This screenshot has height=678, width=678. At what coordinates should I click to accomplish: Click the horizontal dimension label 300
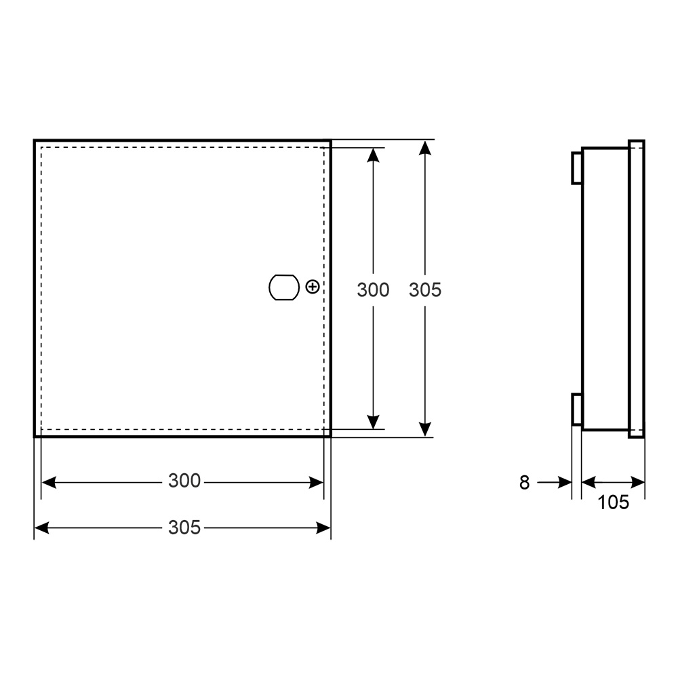point(184,481)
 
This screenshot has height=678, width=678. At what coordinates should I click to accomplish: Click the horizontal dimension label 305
point(184,527)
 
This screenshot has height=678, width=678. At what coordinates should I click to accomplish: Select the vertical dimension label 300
point(373,290)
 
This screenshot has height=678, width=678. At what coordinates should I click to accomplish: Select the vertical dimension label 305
point(425,290)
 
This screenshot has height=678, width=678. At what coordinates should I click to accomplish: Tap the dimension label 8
point(524,483)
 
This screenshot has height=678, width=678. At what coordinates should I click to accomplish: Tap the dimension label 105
point(613,502)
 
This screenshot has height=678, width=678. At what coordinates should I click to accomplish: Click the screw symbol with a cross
point(312,287)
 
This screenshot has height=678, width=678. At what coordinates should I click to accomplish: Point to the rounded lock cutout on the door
point(284,287)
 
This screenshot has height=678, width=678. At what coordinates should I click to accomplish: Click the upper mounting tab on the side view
point(577,167)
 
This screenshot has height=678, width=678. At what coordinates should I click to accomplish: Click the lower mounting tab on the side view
point(577,409)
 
